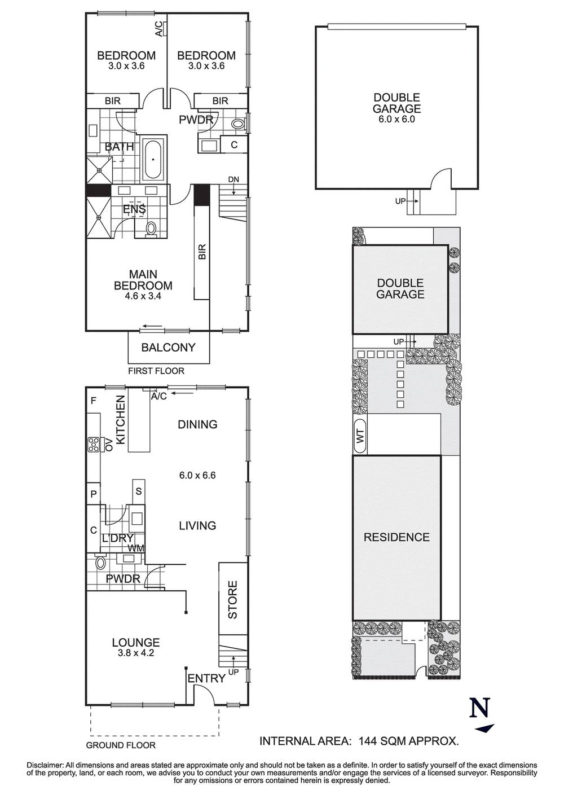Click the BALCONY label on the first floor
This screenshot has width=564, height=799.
168,347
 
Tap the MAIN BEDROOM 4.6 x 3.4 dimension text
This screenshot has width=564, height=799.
143,296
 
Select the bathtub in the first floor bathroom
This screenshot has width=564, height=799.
153,160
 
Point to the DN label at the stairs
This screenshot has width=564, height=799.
233,179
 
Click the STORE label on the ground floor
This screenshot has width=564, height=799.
232,600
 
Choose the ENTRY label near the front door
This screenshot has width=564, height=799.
206,678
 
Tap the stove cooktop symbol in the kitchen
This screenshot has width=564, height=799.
94,445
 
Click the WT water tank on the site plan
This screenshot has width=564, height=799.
360,436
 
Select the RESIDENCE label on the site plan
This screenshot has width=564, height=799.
396,537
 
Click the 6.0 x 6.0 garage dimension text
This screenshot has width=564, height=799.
396,120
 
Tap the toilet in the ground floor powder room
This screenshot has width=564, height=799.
101,563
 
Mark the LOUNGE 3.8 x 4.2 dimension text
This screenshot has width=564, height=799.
136,653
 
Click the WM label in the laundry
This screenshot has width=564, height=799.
136,548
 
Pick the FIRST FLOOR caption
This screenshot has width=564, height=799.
156,371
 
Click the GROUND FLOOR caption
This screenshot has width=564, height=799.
121,745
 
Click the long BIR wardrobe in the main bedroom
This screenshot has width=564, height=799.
201,242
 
